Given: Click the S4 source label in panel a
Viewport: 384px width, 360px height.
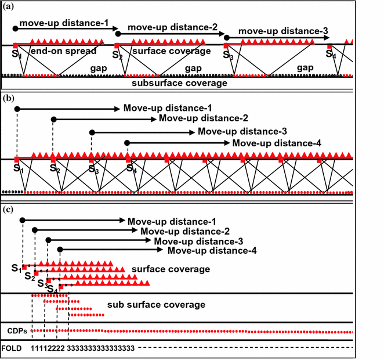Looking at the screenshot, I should (331, 55).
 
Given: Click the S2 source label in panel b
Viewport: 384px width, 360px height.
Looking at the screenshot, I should (55, 169).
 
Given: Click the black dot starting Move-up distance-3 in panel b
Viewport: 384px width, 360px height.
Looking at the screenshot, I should (91, 131).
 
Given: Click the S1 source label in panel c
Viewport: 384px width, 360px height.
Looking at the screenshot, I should (16, 268).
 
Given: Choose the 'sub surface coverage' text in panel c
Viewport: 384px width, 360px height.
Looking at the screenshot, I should (156, 304).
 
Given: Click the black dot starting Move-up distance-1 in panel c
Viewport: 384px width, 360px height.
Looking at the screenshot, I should (22, 221).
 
